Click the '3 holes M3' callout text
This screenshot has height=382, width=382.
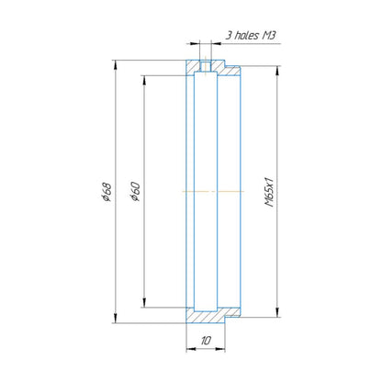251,35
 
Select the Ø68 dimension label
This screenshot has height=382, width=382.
107,192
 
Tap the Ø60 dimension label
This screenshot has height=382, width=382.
135,191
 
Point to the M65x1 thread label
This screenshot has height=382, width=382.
269,192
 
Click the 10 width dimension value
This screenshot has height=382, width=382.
206,340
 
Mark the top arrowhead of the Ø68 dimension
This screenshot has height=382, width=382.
116,64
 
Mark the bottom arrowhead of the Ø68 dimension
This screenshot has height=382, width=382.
116,318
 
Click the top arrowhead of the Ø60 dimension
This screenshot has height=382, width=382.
143,80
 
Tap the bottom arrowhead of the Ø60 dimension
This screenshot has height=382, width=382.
143,303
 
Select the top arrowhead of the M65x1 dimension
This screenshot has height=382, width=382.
277,71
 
